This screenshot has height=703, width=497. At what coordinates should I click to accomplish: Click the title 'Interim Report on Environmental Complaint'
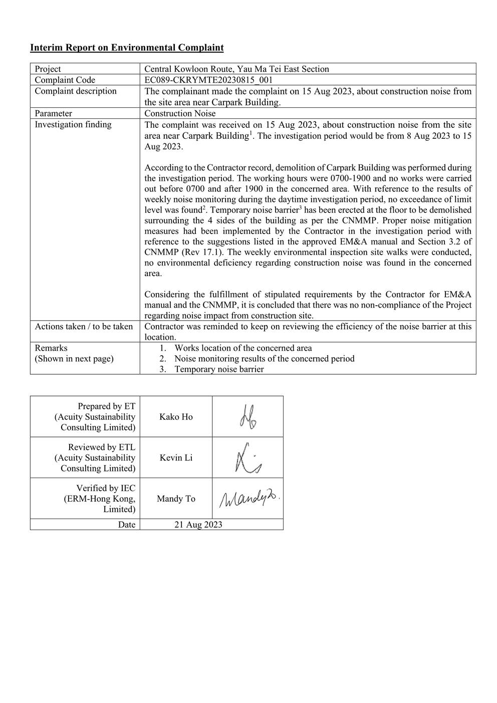click(x=127, y=48)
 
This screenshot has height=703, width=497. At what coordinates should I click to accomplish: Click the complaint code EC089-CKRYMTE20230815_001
click(x=208, y=80)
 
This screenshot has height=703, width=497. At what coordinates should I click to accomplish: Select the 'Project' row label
click(x=48, y=69)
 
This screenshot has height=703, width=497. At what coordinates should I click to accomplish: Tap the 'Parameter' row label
click(x=53, y=114)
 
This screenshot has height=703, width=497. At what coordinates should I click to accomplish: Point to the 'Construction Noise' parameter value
click(x=180, y=114)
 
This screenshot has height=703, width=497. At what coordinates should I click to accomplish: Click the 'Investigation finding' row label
click(x=73, y=125)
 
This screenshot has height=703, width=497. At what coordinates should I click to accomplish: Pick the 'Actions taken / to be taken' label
click(x=84, y=327)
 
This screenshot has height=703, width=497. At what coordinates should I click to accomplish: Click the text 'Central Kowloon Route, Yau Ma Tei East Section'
click(x=236, y=69)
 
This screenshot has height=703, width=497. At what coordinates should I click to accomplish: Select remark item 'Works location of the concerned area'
click(x=243, y=348)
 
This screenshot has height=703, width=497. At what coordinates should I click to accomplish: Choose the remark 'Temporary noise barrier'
click(x=219, y=369)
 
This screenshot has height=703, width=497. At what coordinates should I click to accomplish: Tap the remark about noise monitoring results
click(x=264, y=359)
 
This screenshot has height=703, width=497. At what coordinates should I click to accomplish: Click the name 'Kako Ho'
click(x=176, y=417)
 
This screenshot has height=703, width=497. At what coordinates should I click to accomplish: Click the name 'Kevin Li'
click(x=176, y=457)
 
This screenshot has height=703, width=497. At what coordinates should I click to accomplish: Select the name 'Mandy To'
click(x=176, y=499)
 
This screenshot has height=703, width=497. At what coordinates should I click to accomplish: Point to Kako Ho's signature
click(x=248, y=417)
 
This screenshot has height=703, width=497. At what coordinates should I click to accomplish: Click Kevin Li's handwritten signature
click(x=248, y=458)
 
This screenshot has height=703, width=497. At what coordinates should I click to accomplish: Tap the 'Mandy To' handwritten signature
click(x=248, y=498)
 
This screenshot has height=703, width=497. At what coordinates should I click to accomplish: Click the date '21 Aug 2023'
click(x=198, y=525)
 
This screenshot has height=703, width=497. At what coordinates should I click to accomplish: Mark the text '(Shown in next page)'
click(x=74, y=359)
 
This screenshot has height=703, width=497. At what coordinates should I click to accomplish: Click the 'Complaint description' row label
click(x=75, y=91)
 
